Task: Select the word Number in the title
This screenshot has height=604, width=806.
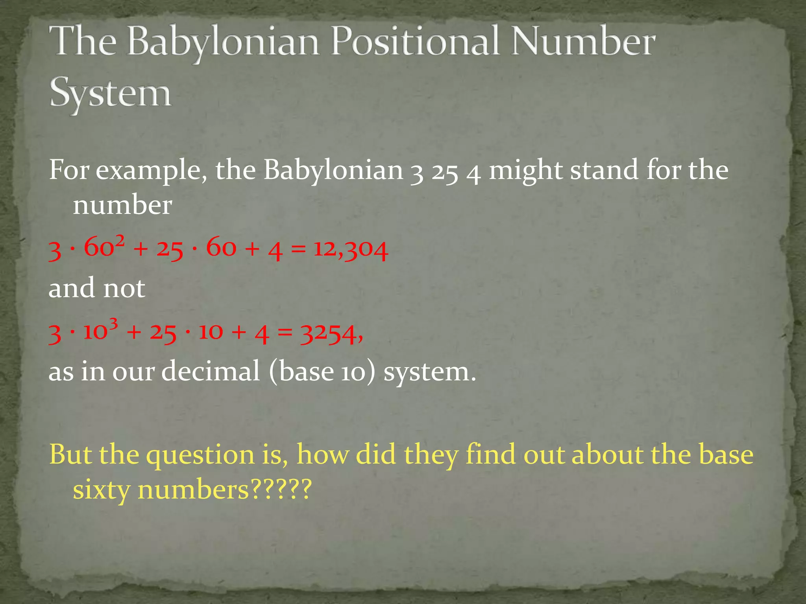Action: click(x=583, y=41)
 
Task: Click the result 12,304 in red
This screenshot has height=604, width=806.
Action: click(x=351, y=249)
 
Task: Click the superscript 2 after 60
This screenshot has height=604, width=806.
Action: click(x=120, y=239)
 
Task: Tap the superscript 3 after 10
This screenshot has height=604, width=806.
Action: click(x=113, y=324)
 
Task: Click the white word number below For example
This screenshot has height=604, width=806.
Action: click(x=122, y=205)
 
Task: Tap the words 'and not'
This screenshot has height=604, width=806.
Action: click(x=97, y=288)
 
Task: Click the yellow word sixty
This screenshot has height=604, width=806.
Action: click(x=102, y=490)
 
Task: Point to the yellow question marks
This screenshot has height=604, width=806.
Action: click(x=281, y=489)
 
